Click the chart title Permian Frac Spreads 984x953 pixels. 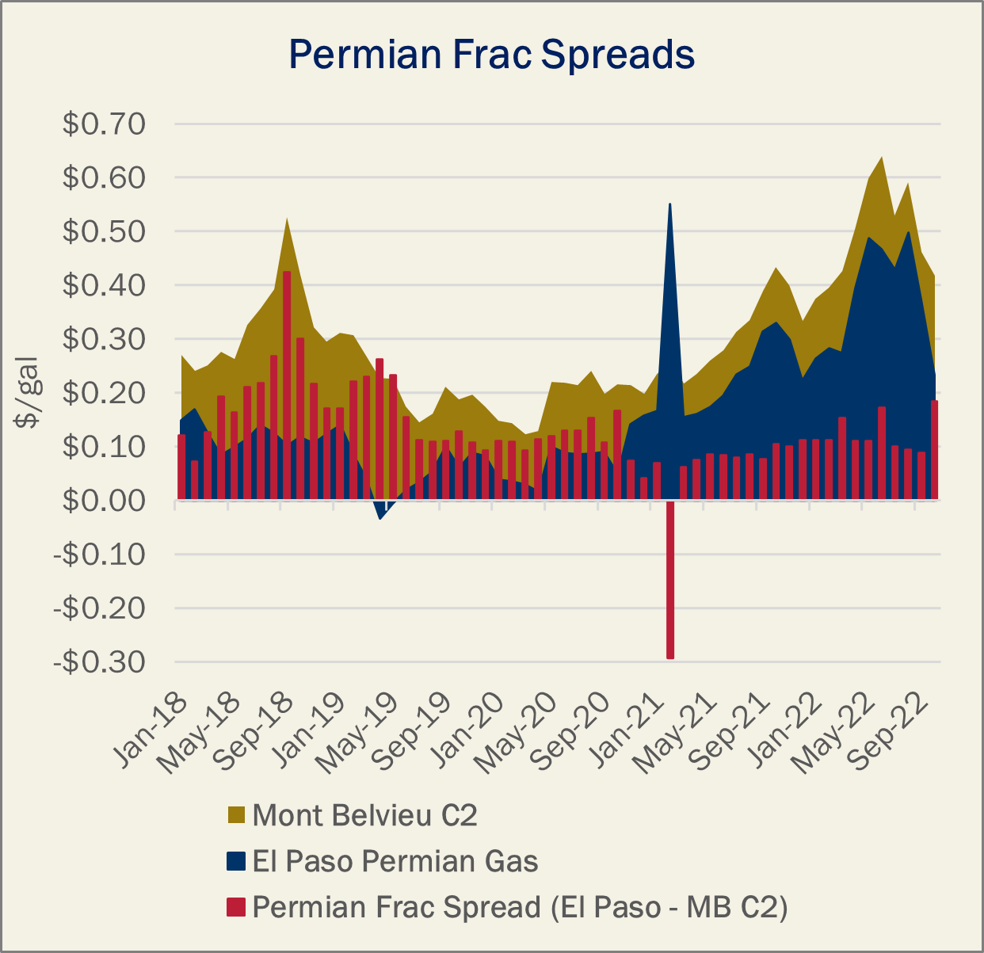point(491,54)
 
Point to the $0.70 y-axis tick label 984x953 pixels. point(104,124)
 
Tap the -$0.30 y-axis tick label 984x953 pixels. point(99,662)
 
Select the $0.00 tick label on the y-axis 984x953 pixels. point(104,501)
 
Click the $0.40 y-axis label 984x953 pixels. point(104,285)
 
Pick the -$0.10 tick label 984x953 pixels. point(99,555)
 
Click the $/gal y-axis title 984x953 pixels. point(27,392)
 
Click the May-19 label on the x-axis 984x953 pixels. point(358,734)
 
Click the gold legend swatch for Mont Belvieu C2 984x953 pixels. point(236,815)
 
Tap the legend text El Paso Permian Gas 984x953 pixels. point(395,861)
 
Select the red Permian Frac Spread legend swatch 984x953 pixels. point(236,907)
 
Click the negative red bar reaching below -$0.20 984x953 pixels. point(670,580)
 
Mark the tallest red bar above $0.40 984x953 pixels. point(287,386)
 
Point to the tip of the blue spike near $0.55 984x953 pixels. point(670,204)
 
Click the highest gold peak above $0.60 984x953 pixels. point(882,157)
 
